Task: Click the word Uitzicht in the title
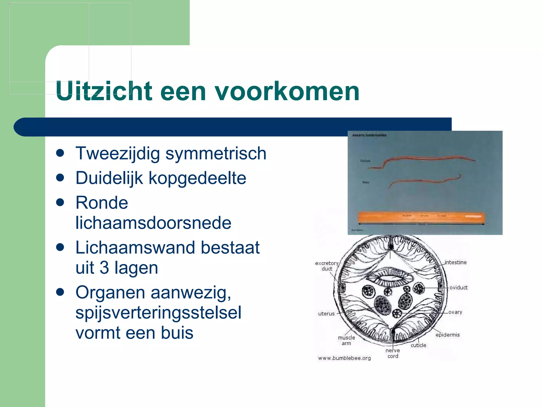pos(104,91)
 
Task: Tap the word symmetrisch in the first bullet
pos(216,153)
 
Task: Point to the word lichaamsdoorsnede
pos(153,223)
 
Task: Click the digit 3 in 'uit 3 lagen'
pos(104,268)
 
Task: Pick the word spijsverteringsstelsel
pos(158,313)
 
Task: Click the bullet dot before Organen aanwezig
pos(60,292)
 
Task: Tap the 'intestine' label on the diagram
pos(455,262)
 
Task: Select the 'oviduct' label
pos(458,287)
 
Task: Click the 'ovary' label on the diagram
pos(455,312)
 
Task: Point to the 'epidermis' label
pos(448,335)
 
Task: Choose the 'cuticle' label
pos(418,345)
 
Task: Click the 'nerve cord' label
pos(393,353)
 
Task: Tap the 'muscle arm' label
pos(346,340)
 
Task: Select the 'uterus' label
pos(326,314)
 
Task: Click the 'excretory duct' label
pos(327,266)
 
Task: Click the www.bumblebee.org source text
pos(344,358)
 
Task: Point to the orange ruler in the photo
pos(421,218)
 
